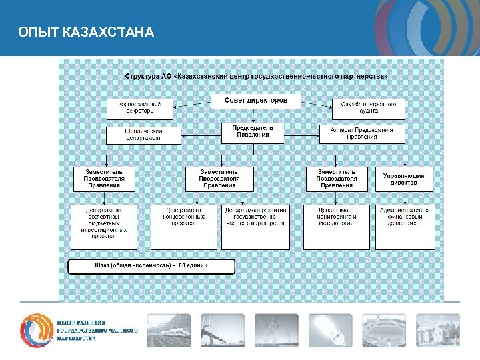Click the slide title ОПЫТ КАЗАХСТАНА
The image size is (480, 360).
click(87, 32)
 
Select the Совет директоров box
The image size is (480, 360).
click(256, 101)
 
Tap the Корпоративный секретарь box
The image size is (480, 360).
click(139, 109)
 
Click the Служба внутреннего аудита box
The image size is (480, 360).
click(369, 109)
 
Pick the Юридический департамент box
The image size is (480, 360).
click(143, 135)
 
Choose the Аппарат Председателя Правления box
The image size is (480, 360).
click(362, 133)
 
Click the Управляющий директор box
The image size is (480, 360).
click(403, 179)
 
